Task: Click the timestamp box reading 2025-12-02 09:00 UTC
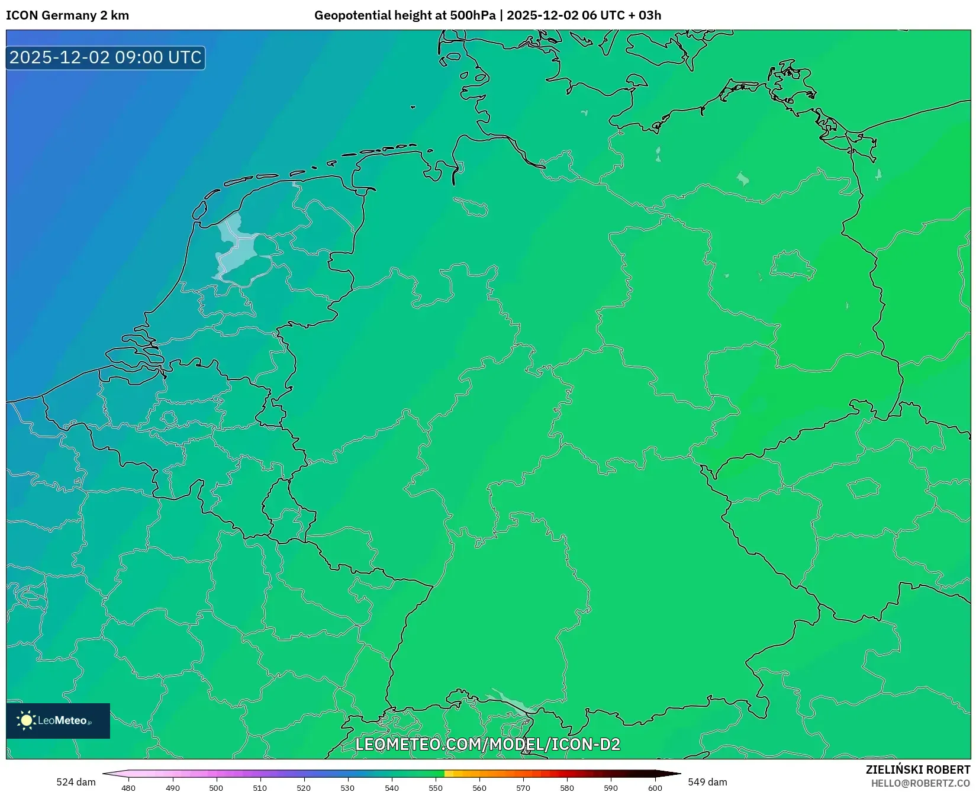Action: [105, 57]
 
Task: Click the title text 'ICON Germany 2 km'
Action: [67, 15]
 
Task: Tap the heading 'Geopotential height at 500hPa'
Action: [405, 15]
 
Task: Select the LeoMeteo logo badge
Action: [58, 720]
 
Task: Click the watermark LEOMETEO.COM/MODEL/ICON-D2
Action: [487, 744]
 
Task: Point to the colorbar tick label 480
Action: [128, 788]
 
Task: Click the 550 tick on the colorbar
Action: [436, 788]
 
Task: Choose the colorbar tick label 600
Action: [655, 788]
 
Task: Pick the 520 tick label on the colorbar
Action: [304, 788]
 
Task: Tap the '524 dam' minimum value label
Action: [76, 782]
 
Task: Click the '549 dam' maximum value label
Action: [707, 782]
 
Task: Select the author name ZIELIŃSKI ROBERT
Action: [918, 770]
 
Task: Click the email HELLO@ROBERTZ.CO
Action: [920, 783]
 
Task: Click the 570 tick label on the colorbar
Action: [523, 788]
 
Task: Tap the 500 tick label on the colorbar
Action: [216, 788]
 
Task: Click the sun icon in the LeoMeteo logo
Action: [26, 720]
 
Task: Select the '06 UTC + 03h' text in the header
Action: [621, 15]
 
